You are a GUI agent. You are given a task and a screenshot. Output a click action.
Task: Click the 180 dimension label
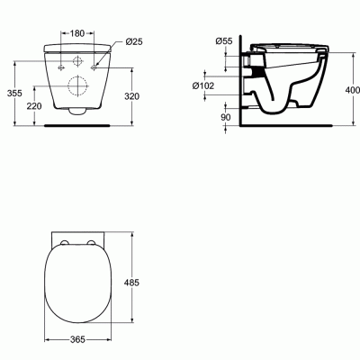pos(77,33)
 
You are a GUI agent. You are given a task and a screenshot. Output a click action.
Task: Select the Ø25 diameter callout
pos(134,41)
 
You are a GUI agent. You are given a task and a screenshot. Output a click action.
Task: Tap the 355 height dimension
pos(14,94)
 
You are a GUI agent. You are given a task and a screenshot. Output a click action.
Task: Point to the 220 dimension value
pos(34,106)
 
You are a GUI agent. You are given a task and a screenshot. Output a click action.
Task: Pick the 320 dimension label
pos(132,96)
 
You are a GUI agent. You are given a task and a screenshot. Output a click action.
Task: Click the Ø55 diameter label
pos(224,40)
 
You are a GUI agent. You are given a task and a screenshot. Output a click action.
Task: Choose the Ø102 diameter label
pos(203,85)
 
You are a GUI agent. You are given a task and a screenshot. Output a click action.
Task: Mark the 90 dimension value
pos(226,117)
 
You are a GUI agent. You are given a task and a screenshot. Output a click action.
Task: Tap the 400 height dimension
pos(353,90)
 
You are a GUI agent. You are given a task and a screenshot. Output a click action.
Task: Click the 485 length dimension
pos(132,283)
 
